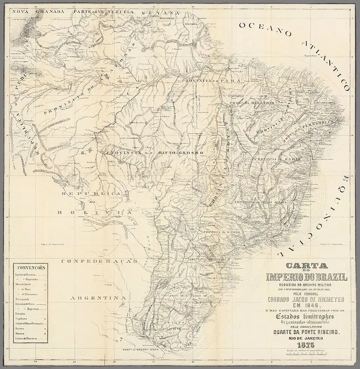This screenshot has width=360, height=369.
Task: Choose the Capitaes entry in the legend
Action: coord(21,318)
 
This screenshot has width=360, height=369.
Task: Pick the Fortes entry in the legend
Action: coord(20,328)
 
